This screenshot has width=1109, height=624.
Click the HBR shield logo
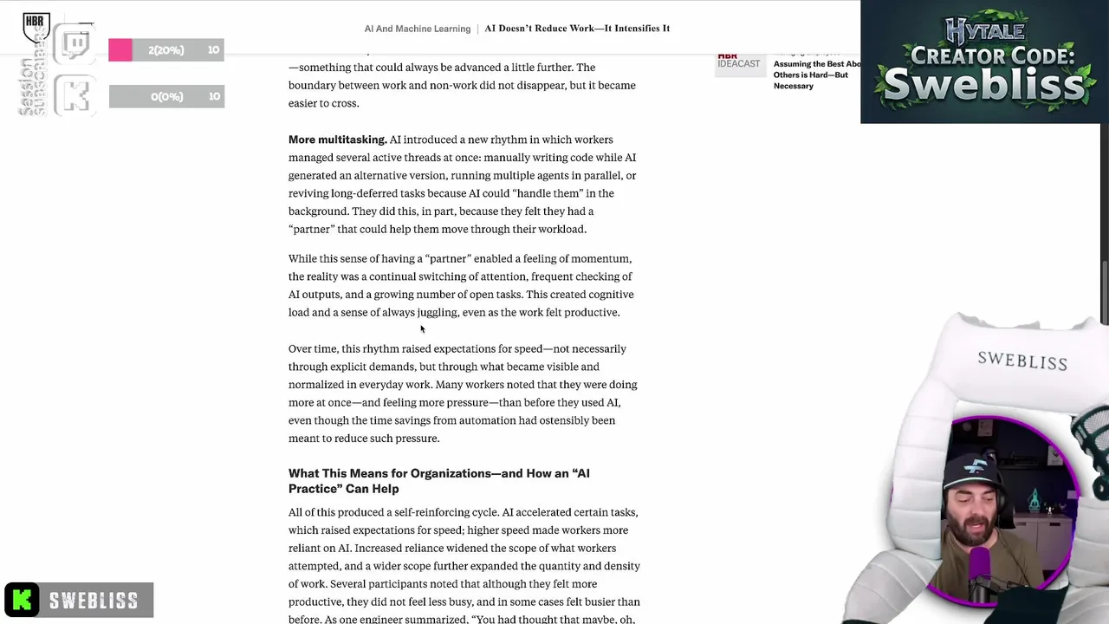click(x=36, y=28)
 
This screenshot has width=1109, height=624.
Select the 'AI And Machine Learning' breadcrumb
click(x=417, y=29)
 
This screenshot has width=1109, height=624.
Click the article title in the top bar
click(x=577, y=29)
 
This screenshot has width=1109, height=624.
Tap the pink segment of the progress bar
click(x=120, y=50)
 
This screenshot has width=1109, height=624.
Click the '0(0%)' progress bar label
click(x=166, y=96)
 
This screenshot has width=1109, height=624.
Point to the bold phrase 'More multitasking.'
click(x=337, y=140)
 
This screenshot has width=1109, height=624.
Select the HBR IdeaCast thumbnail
click(x=739, y=62)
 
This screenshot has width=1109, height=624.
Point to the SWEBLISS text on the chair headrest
click(x=1022, y=361)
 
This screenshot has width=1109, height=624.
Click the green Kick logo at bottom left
click(x=22, y=600)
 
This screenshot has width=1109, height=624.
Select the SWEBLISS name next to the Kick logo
click(x=94, y=601)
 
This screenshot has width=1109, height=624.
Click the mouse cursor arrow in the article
click(x=422, y=328)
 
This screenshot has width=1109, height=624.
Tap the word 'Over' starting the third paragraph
click(x=300, y=348)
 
